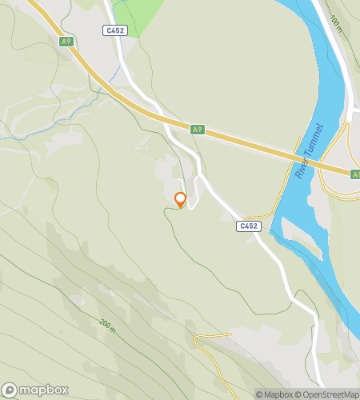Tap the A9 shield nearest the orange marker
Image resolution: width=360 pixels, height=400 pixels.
(x=198, y=128)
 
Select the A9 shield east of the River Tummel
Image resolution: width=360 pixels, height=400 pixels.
(x=355, y=173)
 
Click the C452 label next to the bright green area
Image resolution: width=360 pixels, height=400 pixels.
(x=114, y=30)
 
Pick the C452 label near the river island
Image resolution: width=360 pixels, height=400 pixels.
(x=249, y=226)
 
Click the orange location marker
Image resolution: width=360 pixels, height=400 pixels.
(x=180, y=199)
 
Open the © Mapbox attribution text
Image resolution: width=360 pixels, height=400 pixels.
(x=274, y=394)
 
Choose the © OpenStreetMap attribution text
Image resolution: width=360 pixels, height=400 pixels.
(x=328, y=394)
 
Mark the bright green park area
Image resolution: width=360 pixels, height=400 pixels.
(x=140, y=14)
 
